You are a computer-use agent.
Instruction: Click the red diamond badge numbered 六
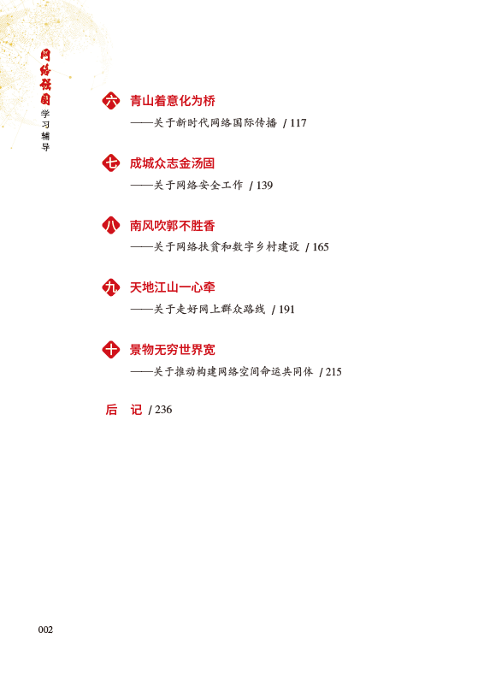111,101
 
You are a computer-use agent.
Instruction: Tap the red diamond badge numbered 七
111,163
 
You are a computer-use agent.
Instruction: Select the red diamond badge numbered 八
111,225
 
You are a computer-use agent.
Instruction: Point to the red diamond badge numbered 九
111,287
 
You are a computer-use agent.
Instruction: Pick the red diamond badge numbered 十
111,350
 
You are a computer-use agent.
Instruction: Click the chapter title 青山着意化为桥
173,101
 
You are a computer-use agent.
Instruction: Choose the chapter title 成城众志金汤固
173,163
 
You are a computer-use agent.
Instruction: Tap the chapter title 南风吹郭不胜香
173,225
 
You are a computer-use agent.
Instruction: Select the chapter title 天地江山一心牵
173,287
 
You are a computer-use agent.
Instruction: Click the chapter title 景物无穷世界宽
173,350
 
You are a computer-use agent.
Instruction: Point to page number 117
298,123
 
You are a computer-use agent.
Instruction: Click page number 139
265,186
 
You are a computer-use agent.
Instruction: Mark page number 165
321,247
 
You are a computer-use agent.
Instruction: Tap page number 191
286,310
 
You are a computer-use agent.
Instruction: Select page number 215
333,372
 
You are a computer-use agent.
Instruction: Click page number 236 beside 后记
163,410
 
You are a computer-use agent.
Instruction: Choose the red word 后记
124,410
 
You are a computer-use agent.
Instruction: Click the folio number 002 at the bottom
45,630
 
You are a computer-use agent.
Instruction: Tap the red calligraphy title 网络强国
45,77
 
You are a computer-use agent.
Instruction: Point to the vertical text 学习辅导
45,130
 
